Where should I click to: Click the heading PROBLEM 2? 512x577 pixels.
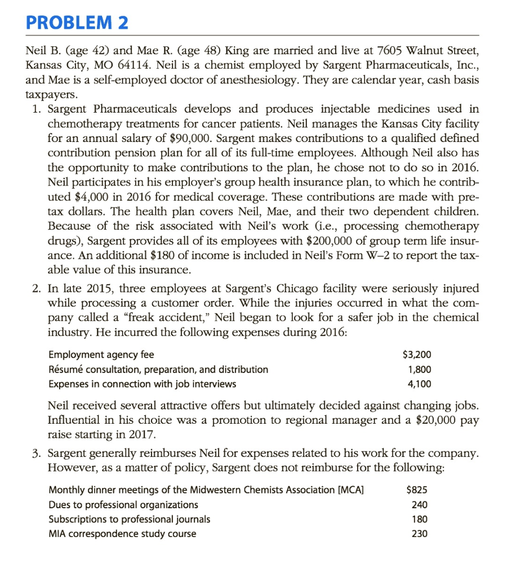77,23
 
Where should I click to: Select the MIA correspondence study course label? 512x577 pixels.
123,534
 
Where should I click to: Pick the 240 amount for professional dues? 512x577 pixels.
420,504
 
